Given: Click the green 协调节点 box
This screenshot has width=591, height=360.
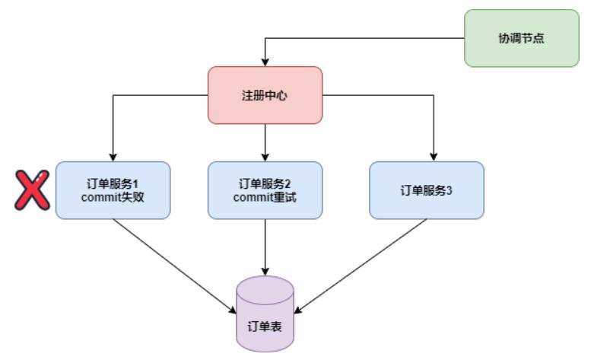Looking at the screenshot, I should click(x=521, y=38).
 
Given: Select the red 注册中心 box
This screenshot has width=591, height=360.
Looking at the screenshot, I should click(x=265, y=95).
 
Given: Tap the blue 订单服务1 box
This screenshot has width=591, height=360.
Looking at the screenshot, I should click(x=113, y=190).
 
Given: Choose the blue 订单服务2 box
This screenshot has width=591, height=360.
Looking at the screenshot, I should click(x=265, y=190).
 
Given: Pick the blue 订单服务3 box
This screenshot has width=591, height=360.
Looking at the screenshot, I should click(x=426, y=190).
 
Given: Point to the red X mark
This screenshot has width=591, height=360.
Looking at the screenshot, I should click(x=32, y=190).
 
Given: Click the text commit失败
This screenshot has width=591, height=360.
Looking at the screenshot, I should click(x=113, y=198).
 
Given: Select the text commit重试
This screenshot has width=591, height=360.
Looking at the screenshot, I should click(x=265, y=198).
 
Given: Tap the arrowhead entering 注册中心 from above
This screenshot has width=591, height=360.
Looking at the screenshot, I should click(x=265, y=62).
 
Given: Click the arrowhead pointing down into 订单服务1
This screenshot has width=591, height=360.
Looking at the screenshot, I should click(x=113, y=157).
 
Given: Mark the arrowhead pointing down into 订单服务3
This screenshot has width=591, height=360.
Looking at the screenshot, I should click(x=434, y=157).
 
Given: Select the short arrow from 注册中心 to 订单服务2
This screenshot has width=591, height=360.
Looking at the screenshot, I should click(x=265, y=142).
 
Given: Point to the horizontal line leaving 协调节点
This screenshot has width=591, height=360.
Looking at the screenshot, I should click(x=365, y=38).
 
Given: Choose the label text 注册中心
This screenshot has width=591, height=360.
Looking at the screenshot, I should click(x=265, y=96).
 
